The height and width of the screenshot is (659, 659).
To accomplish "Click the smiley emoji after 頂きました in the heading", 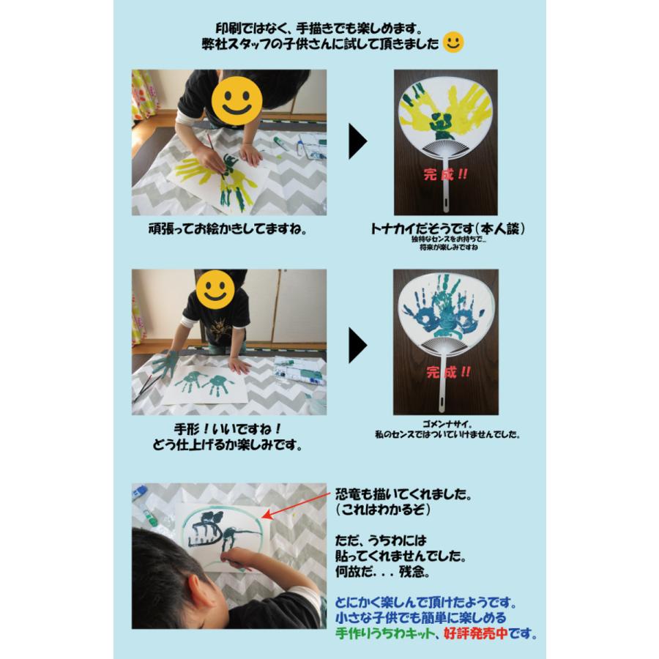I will [x=454, y=43].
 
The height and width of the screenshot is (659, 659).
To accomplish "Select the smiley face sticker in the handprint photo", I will [x=215, y=289].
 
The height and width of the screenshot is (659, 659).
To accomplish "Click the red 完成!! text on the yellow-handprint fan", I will [x=445, y=176].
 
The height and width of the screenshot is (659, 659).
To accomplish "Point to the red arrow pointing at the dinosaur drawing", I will [x=293, y=505].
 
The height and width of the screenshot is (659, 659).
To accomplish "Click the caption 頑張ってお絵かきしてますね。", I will [x=227, y=229].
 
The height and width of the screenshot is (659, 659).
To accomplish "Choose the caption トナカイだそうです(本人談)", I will [x=448, y=229].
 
